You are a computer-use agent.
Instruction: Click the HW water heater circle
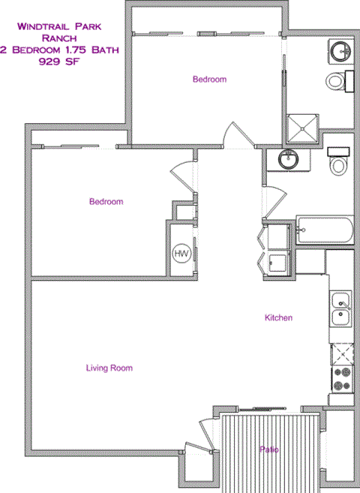[x=181, y=254]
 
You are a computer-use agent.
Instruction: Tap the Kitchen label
[x=278, y=318]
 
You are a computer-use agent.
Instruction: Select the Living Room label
[x=109, y=368]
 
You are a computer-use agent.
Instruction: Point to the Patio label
[x=269, y=449]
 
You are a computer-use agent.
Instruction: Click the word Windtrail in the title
[x=42, y=27]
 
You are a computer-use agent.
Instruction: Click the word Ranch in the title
[x=58, y=38]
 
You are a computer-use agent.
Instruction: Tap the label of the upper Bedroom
[x=209, y=79]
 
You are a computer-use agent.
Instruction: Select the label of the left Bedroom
[x=106, y=201]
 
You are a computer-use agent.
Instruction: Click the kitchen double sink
[x=340, y=308]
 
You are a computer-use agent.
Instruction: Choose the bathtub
[x=325, y=230]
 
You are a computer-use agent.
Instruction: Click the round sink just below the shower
[x=286, y=159]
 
